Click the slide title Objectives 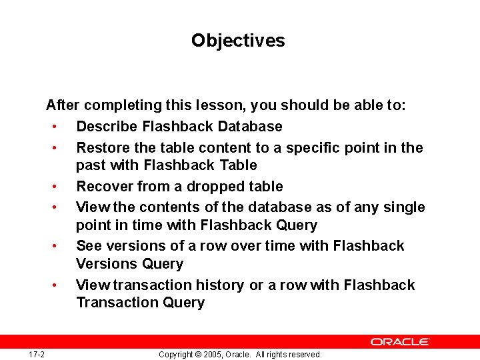pos(238,41)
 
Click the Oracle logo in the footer pos(400,341)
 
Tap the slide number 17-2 pos(37,354)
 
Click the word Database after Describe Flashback pos(250,127)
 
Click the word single pos(402,207)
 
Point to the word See pos(88,246)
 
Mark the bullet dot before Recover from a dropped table pos(61,187)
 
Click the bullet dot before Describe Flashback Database pos(61,127)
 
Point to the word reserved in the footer pos(305,355)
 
